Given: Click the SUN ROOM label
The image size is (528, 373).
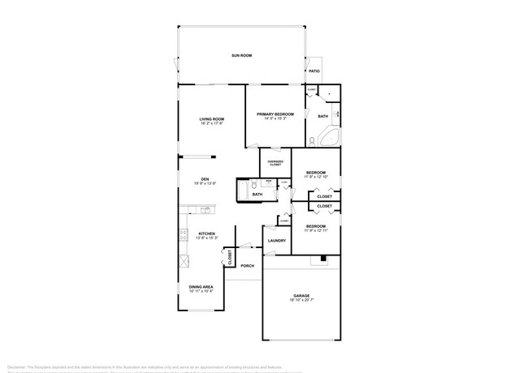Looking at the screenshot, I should coord(241,55).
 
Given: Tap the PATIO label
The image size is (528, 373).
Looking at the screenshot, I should coord(314,71).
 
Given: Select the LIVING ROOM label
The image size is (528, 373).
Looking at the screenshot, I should coord(212,119).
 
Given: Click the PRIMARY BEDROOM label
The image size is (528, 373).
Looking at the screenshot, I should coord(275,114).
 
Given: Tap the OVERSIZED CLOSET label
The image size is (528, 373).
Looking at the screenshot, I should coord(275,163).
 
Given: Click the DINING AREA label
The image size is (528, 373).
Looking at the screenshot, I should coord(201,286).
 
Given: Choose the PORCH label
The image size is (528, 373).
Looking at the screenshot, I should coord(247,265).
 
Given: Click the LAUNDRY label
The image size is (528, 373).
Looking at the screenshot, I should coord(275,240).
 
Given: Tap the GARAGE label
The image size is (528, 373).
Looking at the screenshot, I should coord(301,295).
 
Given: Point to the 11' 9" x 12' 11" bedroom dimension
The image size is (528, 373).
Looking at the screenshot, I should coord(315,231).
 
